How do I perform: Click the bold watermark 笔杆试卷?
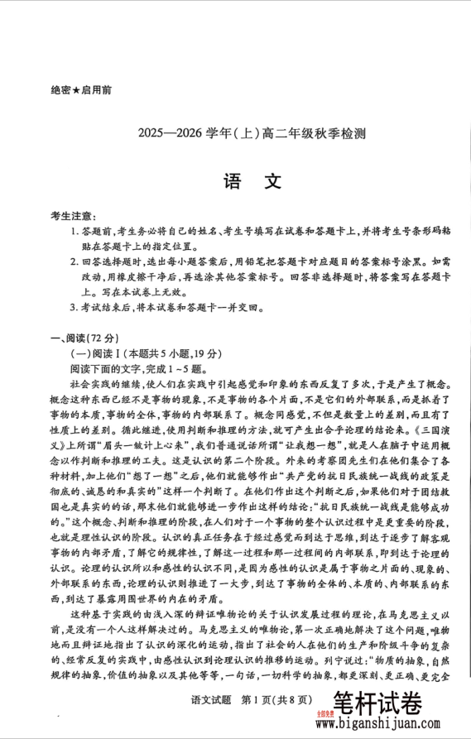click(x=378, y=704)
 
